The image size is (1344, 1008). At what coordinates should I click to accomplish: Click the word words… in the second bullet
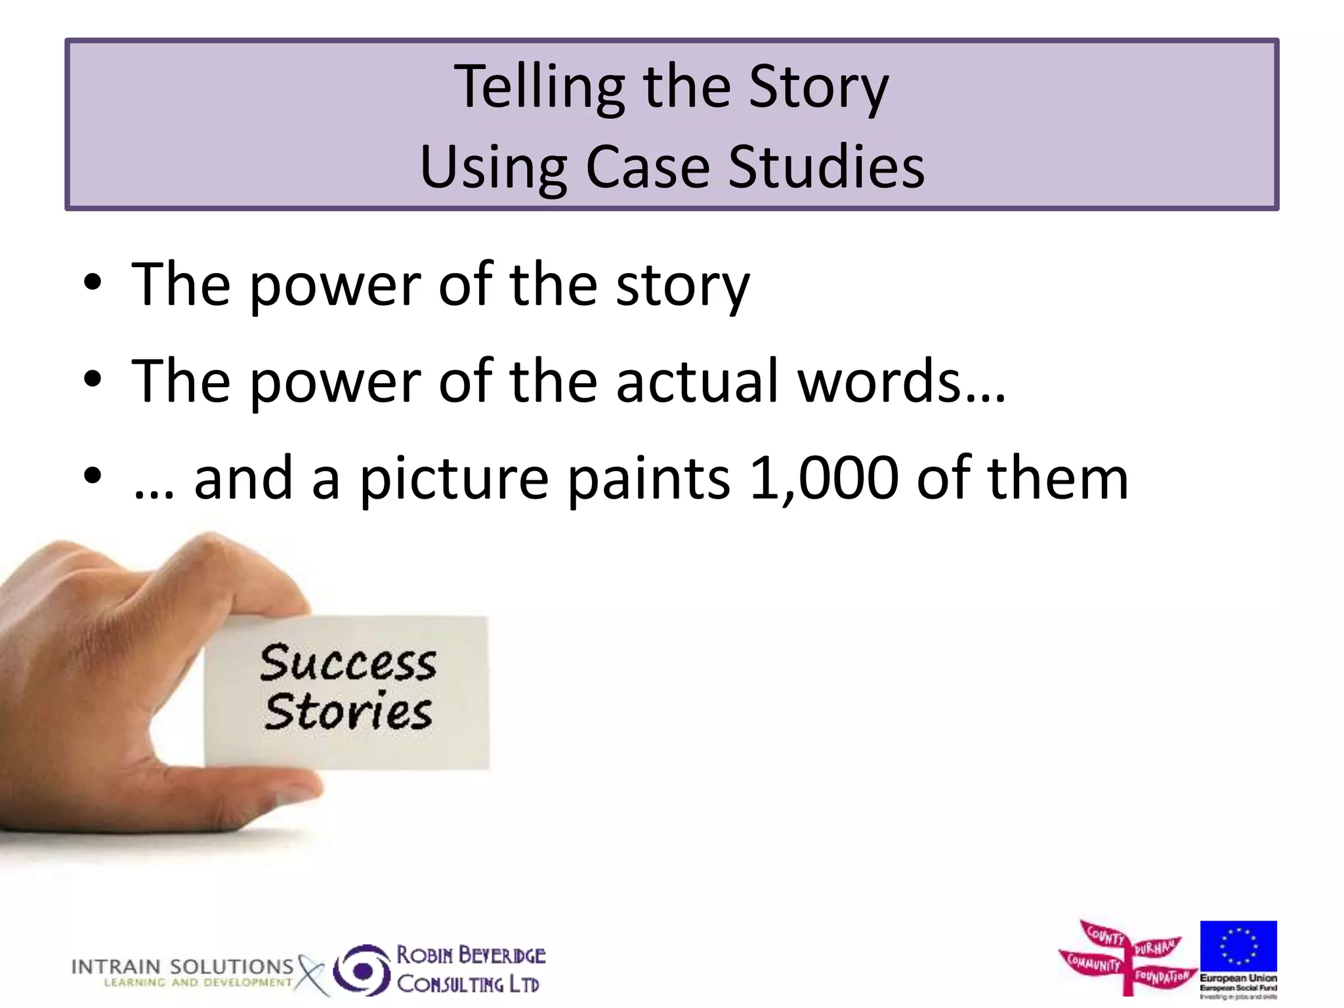[x=902, y=382]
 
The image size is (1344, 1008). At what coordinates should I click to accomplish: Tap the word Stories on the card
[x=348, y=711]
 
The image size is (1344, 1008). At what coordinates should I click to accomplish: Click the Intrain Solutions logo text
[x=182, y=967]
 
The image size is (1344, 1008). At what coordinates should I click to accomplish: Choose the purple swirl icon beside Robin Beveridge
[x=362, y=969]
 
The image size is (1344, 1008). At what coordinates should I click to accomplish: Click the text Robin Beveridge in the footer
[x=471, y=955]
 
